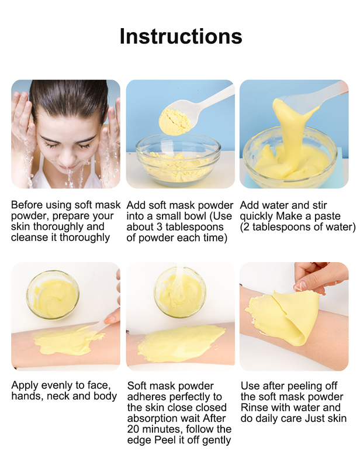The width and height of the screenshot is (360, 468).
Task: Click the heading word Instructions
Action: point(181,36)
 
